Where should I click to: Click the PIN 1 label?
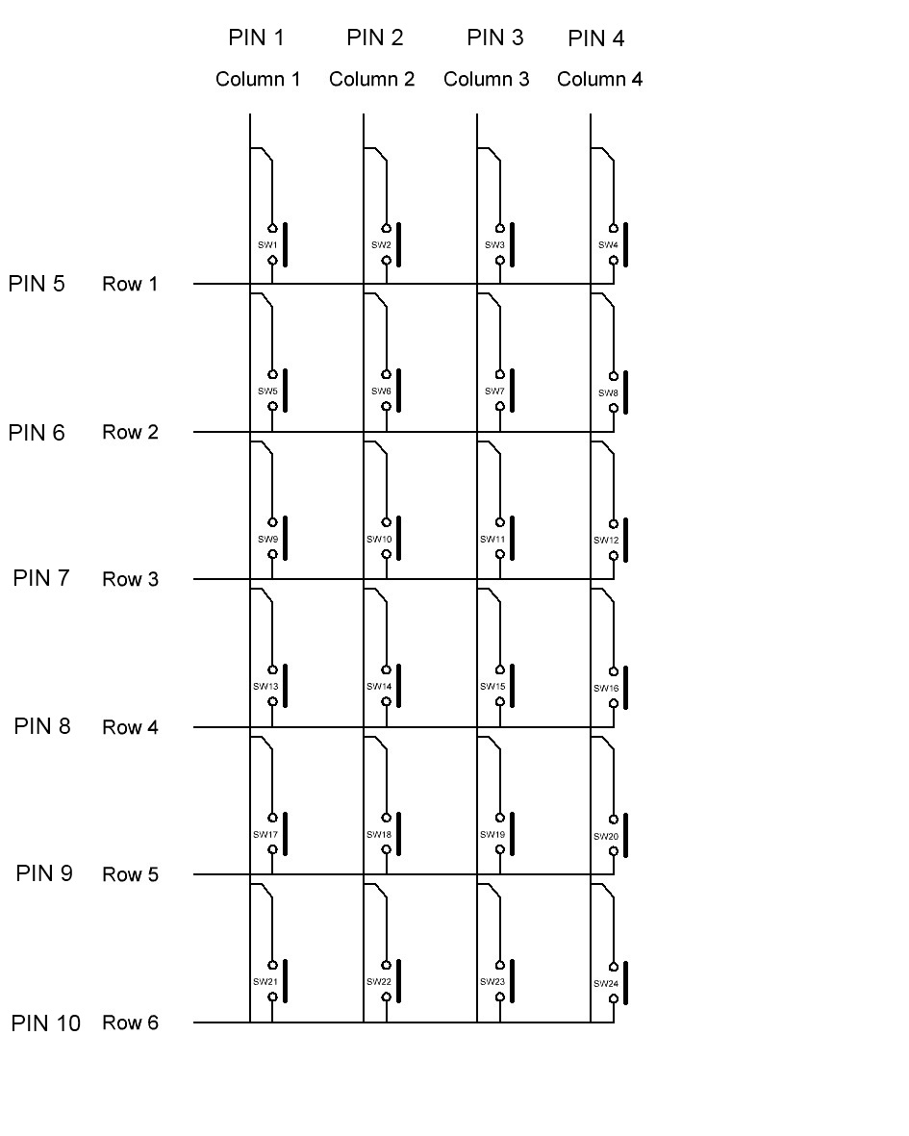[x=256, y=38]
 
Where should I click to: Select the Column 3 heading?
[x=486, y=79]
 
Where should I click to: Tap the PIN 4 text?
[x=595, y=38]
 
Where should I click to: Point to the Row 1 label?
[x=130, y=284]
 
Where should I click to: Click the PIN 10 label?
[x=46, y=1023]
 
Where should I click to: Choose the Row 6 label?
[x=130, y=1022]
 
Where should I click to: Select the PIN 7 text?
[x=41, y=578]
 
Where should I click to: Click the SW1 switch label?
[x=267, y=245]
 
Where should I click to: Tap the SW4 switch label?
[x=608, y=245]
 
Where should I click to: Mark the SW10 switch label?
[x=379, y=540]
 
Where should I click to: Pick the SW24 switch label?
[x=606, y=984]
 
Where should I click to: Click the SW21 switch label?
[x=265, y=982]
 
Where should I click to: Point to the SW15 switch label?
[x=492, y=687]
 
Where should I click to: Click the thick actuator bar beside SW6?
[x=398, y=390]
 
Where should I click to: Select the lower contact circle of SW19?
[x=500, y=849]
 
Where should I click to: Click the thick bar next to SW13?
[x=285, y=685]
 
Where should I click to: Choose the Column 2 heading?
[x=371, y=79]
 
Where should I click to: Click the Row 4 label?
[x=130, y=727]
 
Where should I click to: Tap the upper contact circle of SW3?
[x=500, y=229]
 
